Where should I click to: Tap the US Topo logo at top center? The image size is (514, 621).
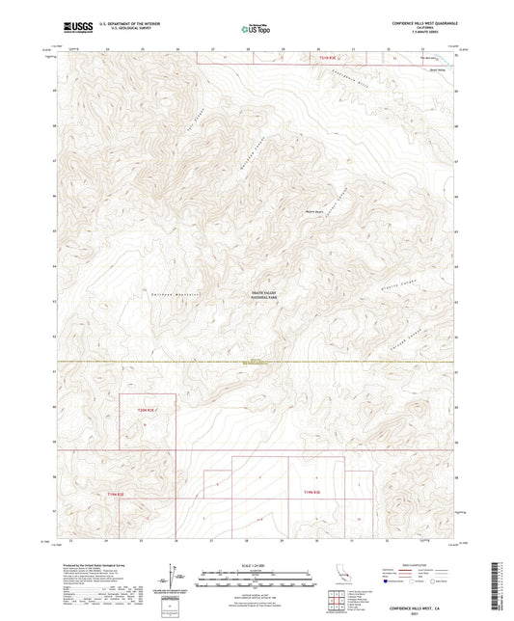click(x=255, y=30)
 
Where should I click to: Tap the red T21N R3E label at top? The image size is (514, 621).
click(x=331, y=58)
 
